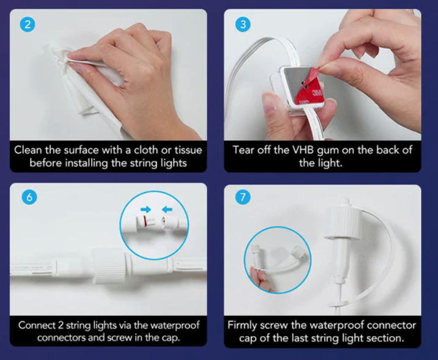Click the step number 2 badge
[x=27, y=24]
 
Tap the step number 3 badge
[x=243, y=24]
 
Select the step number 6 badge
[x=29, y=197]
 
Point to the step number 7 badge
[x=243, y=197]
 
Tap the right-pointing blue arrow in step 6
[x=145, y=209]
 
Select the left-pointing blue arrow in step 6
[x=167, y=209]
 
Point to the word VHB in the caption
[x=304, y=150]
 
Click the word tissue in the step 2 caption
[x=188, y=150]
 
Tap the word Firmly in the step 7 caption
[x=242, y=325]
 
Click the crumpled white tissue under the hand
[x=84, y=92]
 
